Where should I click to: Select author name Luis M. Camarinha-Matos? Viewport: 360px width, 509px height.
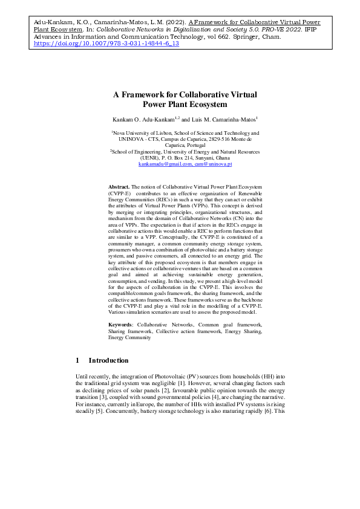[x=212, y=120]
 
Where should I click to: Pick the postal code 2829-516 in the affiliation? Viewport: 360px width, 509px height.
[x=220, y=138]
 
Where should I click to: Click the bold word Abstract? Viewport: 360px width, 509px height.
[x=119, y=188]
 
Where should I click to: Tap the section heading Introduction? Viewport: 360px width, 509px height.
[x=108, y=360]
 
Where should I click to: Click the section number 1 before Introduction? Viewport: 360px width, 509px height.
[x=77, y=360]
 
